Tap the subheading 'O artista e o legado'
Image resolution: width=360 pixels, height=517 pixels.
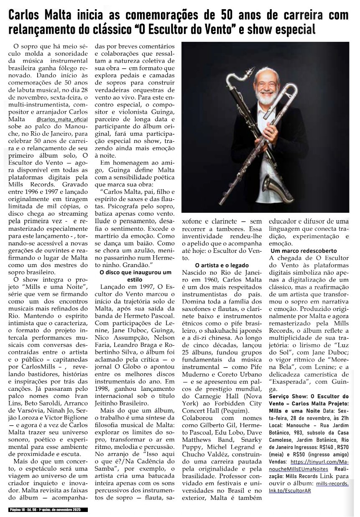click(x=222, y=265)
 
